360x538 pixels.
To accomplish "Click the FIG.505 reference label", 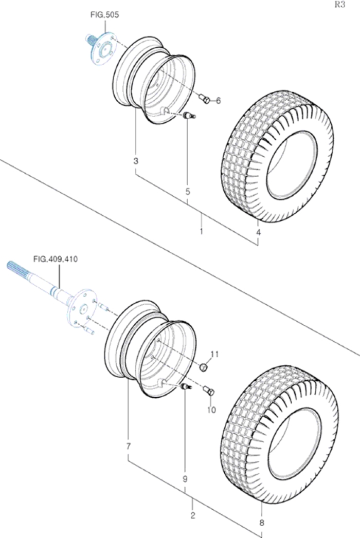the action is point(105,15).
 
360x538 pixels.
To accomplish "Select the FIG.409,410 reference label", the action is point(56,259).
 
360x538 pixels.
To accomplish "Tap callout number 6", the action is point(219,101).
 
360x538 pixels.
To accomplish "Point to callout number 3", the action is point(136,161).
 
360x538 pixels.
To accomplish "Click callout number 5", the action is point(188,192).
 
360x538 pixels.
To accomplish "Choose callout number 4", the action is point(258,232).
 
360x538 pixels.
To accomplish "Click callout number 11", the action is point(214,354).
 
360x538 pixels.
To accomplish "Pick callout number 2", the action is point(193,515).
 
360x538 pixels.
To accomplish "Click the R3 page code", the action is point(339,5).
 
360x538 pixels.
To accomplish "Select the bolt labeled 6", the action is point(205,99).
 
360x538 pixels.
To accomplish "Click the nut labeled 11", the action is point(204,367).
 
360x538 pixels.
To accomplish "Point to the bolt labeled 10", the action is point(209,390).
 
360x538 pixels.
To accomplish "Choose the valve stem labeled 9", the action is point(186,387).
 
